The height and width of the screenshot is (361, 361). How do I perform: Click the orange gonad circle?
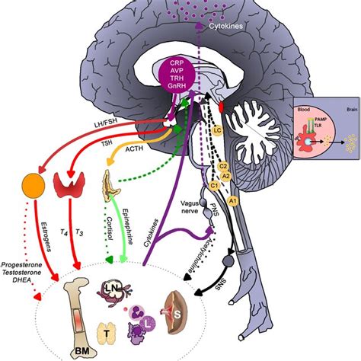(x=34, y=187)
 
